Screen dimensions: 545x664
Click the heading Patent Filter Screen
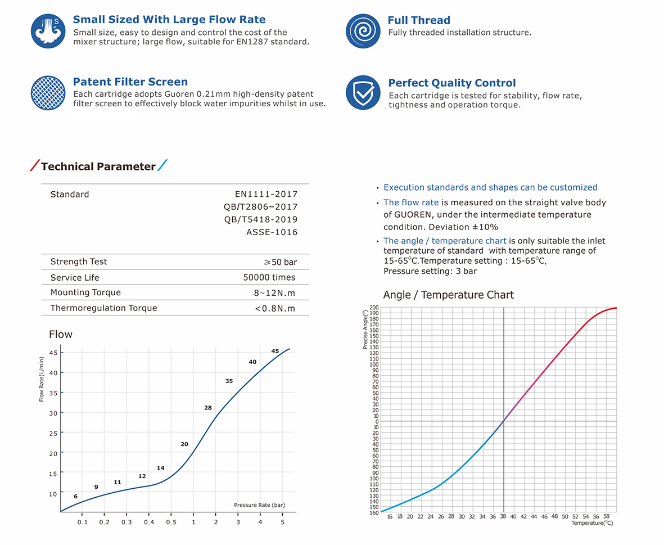tap(130, 82)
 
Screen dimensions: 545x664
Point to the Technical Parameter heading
tap(98, 166)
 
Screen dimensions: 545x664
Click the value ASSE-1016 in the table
tap(272, 232)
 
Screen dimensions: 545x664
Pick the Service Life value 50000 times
tap(269, 277)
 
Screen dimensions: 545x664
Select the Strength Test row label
tap(78, 262)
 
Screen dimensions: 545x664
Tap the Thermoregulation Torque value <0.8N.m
tap(275, 308)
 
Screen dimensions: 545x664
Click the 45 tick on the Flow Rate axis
tap(53, 353)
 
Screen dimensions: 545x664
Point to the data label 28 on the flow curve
tap(208, 408)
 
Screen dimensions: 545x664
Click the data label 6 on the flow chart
tap(75, 497)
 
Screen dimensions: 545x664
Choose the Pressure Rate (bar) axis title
tap(259, 505)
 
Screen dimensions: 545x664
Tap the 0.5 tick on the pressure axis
tap(171, 523)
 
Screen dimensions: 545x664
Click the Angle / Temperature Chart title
tap(448, 295)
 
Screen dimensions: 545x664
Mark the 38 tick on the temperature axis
tap(503, 516)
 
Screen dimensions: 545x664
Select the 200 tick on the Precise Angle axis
tap(374, 308)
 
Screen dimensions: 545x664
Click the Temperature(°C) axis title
tap(592, 523)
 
